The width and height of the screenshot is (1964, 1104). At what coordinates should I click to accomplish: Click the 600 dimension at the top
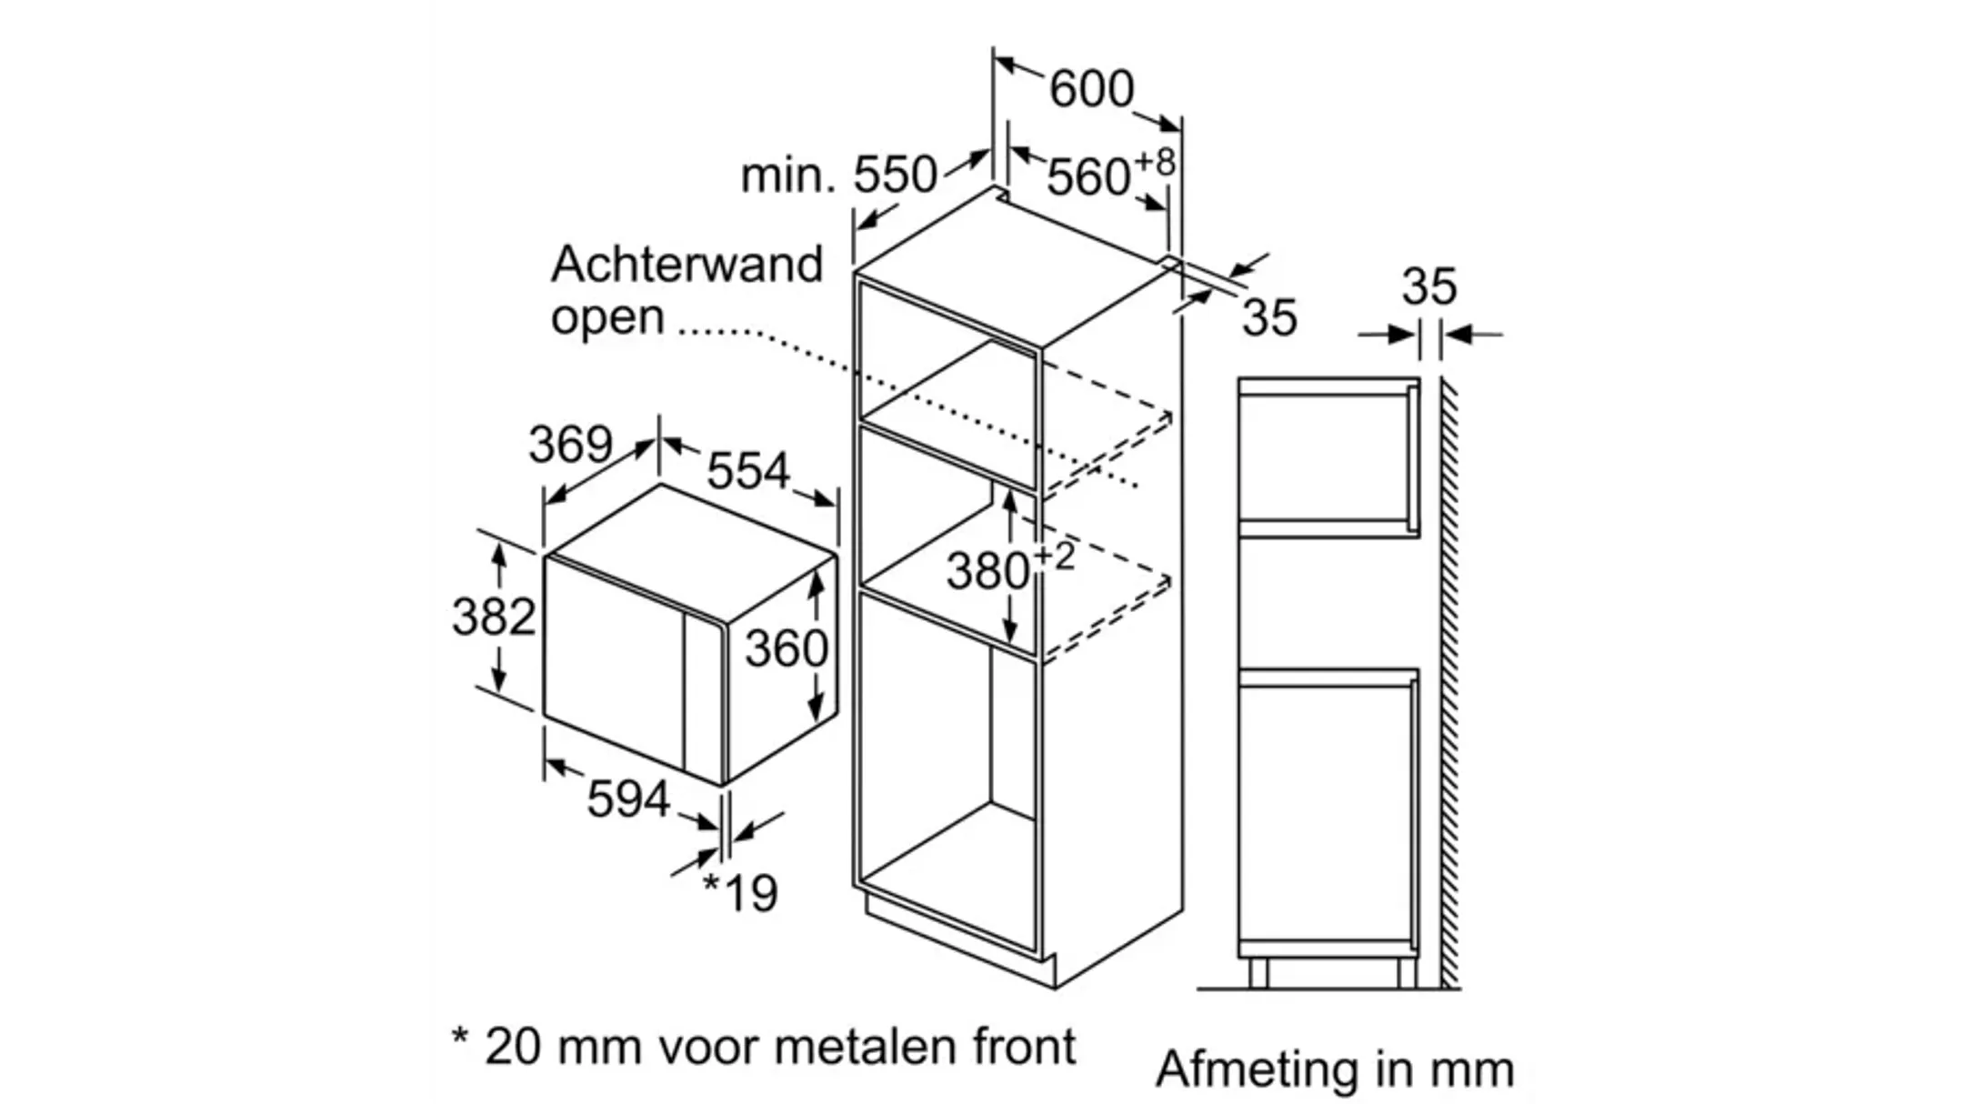tap(1091, 89)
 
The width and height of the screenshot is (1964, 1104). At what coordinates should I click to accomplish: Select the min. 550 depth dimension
tap(838, 175)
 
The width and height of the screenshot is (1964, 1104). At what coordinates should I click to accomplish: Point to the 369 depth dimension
tap(571, 445)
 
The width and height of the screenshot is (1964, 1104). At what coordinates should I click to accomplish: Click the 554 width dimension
tap(748, 470)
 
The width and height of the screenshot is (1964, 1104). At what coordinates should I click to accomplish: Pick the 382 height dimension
tap(494, 617)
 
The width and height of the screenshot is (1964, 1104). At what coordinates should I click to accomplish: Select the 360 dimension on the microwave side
tap(787, 648)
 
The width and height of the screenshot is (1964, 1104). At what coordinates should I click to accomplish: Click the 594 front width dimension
tap(628, 799)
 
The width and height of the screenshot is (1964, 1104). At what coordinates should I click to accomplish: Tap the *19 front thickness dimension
tap(741, 893)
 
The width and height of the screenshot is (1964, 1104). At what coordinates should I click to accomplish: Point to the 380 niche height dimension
tap(989, 571)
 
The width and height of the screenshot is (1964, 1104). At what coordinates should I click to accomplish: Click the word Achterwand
tap(686, 265)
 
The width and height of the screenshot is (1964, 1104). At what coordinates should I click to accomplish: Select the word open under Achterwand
tap(607, 317)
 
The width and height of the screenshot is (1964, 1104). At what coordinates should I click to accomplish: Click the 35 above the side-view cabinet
tap(1428, 286)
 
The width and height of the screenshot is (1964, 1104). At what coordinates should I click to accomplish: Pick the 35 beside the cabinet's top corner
tap(1269, 318)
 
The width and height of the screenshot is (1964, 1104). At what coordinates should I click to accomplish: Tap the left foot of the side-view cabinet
tap(1258, 974)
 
